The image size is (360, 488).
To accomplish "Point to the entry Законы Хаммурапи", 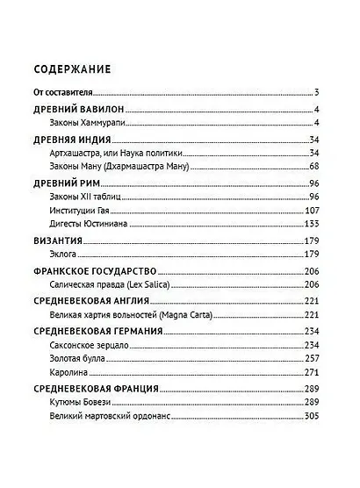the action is [x=90, y=122].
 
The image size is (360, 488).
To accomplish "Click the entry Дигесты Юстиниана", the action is [x=95, y=224].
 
